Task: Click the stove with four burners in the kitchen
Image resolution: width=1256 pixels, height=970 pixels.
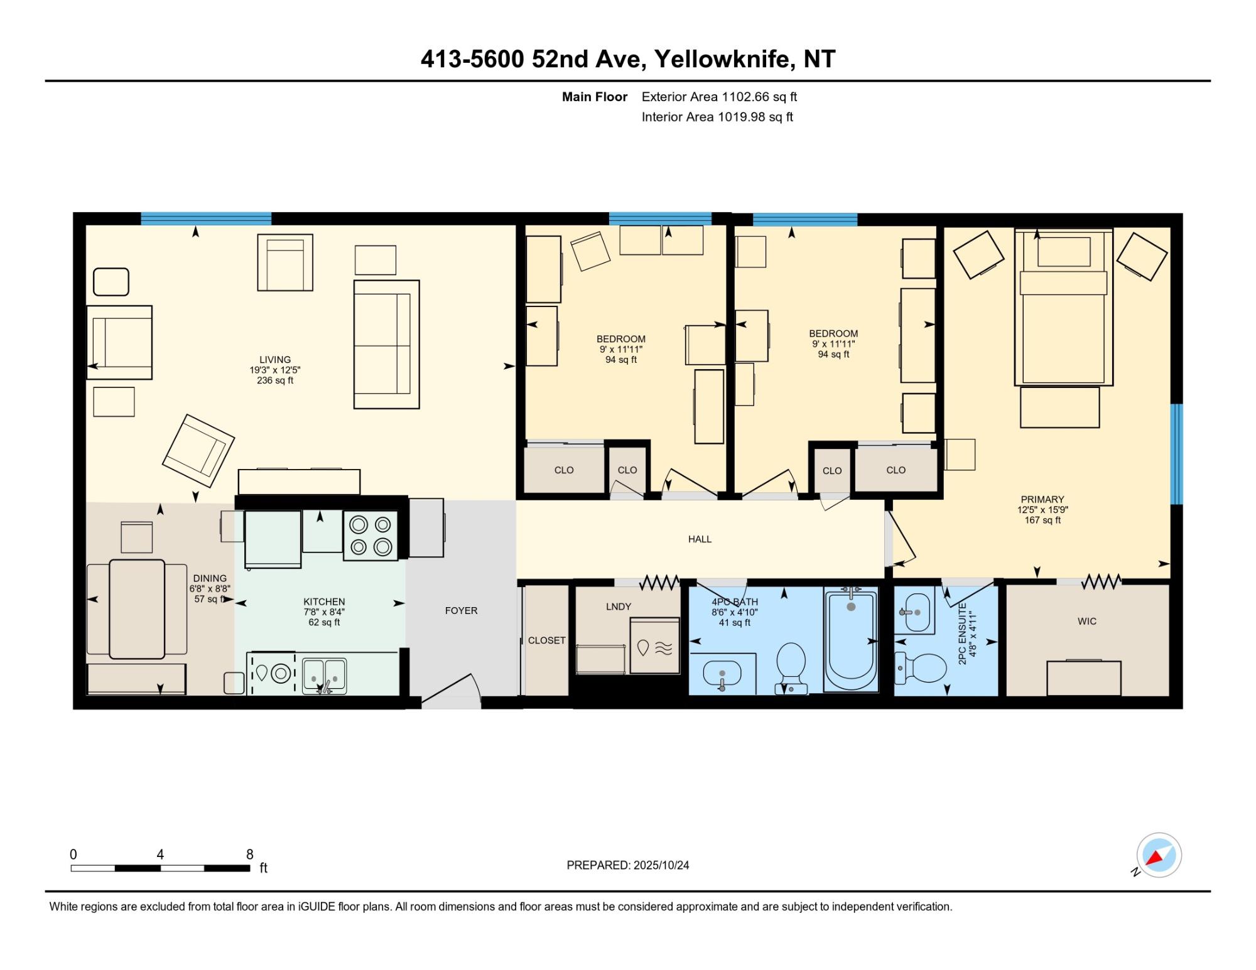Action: click(x=371, y=536)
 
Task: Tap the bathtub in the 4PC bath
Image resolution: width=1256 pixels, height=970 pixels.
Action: click(x=851, y=640)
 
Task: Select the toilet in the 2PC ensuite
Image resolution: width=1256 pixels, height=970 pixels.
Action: click(x=921, y=668)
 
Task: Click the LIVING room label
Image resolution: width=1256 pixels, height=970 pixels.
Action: click(x=275, y=360)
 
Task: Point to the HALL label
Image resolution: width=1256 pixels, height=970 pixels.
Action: click(x=700, y=539)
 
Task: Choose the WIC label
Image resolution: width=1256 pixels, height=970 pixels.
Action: click(x=1087, y=622)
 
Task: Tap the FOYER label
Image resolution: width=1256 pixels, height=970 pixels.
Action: click(x=461, y=611)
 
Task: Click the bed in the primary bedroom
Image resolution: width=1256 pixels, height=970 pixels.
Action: click(x=1064, y=307)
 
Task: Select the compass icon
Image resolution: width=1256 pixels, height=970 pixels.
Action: click(x=1159, y=855)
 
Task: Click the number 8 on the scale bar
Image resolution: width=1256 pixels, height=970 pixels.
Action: click(x=250, y=854)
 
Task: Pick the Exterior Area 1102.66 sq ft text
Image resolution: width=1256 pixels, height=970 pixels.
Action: click(x=719, y=97)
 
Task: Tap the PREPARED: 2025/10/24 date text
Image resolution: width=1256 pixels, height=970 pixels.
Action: click(x=628, y=865)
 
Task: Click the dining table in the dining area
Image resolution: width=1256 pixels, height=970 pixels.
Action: click(x=137, y=609)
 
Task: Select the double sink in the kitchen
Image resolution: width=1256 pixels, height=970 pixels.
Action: click(x=324, y=676)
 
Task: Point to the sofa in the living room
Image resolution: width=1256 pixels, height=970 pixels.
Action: click(x=386, y=345)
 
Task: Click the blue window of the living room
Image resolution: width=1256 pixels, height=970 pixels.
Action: click(x=206, y=218)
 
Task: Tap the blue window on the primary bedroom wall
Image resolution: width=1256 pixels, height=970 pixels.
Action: click(x=1177, y=454)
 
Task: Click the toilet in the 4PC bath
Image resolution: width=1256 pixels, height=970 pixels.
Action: click(x=791, y=667)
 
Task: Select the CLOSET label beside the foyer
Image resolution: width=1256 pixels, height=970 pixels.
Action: click(x=546, y=640)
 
